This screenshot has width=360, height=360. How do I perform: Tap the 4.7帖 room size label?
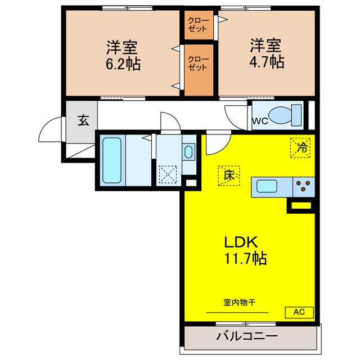point(266,61)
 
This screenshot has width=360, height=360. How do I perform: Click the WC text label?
point(259,120)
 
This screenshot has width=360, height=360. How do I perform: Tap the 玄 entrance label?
point(82,119)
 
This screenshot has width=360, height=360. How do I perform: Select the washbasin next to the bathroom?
point(188,151)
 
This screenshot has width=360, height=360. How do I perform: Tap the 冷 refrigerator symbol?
point(301,147)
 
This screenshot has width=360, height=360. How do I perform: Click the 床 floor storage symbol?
point(228,175)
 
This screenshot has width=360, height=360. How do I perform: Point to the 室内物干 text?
point(240,303)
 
